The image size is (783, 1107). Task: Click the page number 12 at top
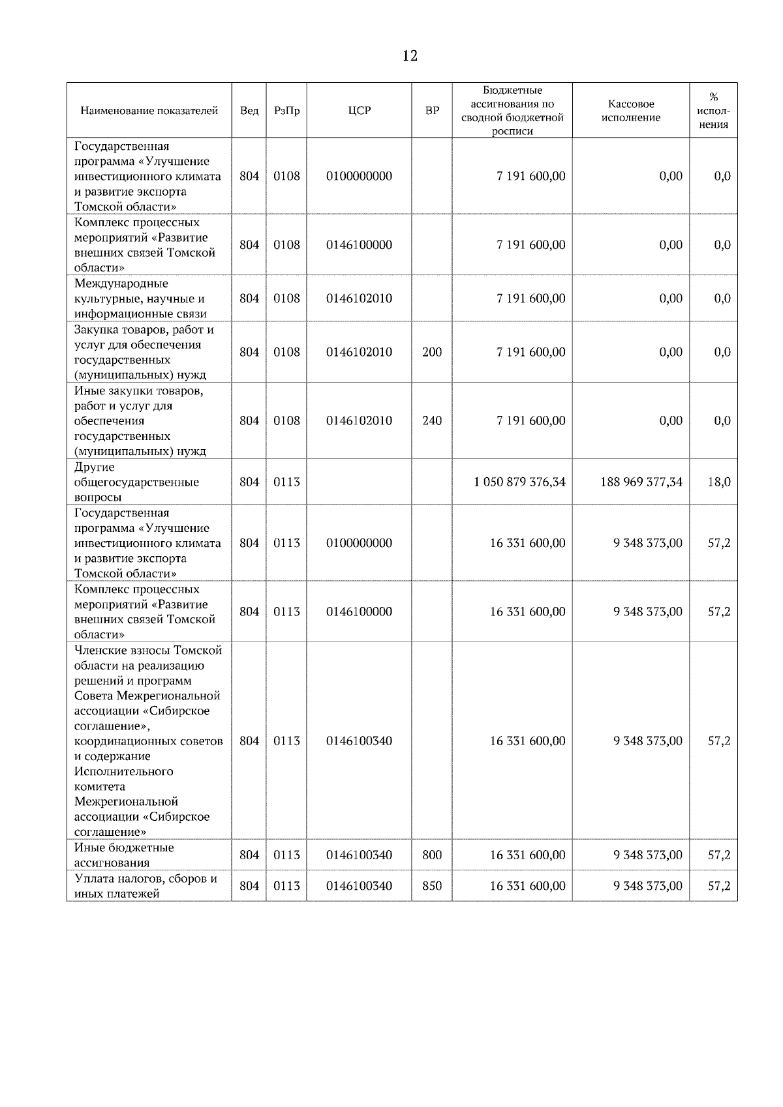pos(410,56)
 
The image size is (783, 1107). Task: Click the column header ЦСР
pos(360,111)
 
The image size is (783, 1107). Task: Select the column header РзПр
pos(286,111)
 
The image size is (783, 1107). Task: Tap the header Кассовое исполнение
pos(630,111)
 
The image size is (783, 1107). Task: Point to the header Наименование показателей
pos(149,111)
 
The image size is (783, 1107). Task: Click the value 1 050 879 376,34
pos(519,482)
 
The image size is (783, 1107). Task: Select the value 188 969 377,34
pos(641,482)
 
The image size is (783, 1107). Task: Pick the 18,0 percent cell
pos(719,482)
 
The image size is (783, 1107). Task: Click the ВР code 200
pos(432,352)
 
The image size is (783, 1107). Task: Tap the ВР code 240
pos(432,421)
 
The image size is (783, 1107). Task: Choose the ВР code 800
pos(432,855)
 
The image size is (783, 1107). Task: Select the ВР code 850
pos(432,886)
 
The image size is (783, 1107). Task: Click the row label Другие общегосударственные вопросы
pos(136,482)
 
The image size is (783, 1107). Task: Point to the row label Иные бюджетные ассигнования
pos(124,855)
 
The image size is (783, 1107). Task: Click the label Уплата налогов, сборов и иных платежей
pos(145,886)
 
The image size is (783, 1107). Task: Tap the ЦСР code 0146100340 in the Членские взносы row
pos(360,741)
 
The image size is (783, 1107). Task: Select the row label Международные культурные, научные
pos(140,299)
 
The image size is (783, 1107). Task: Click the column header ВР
pos(432,111)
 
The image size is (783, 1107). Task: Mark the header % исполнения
pos(713,111)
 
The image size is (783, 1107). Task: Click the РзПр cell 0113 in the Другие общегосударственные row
pos(286,482)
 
